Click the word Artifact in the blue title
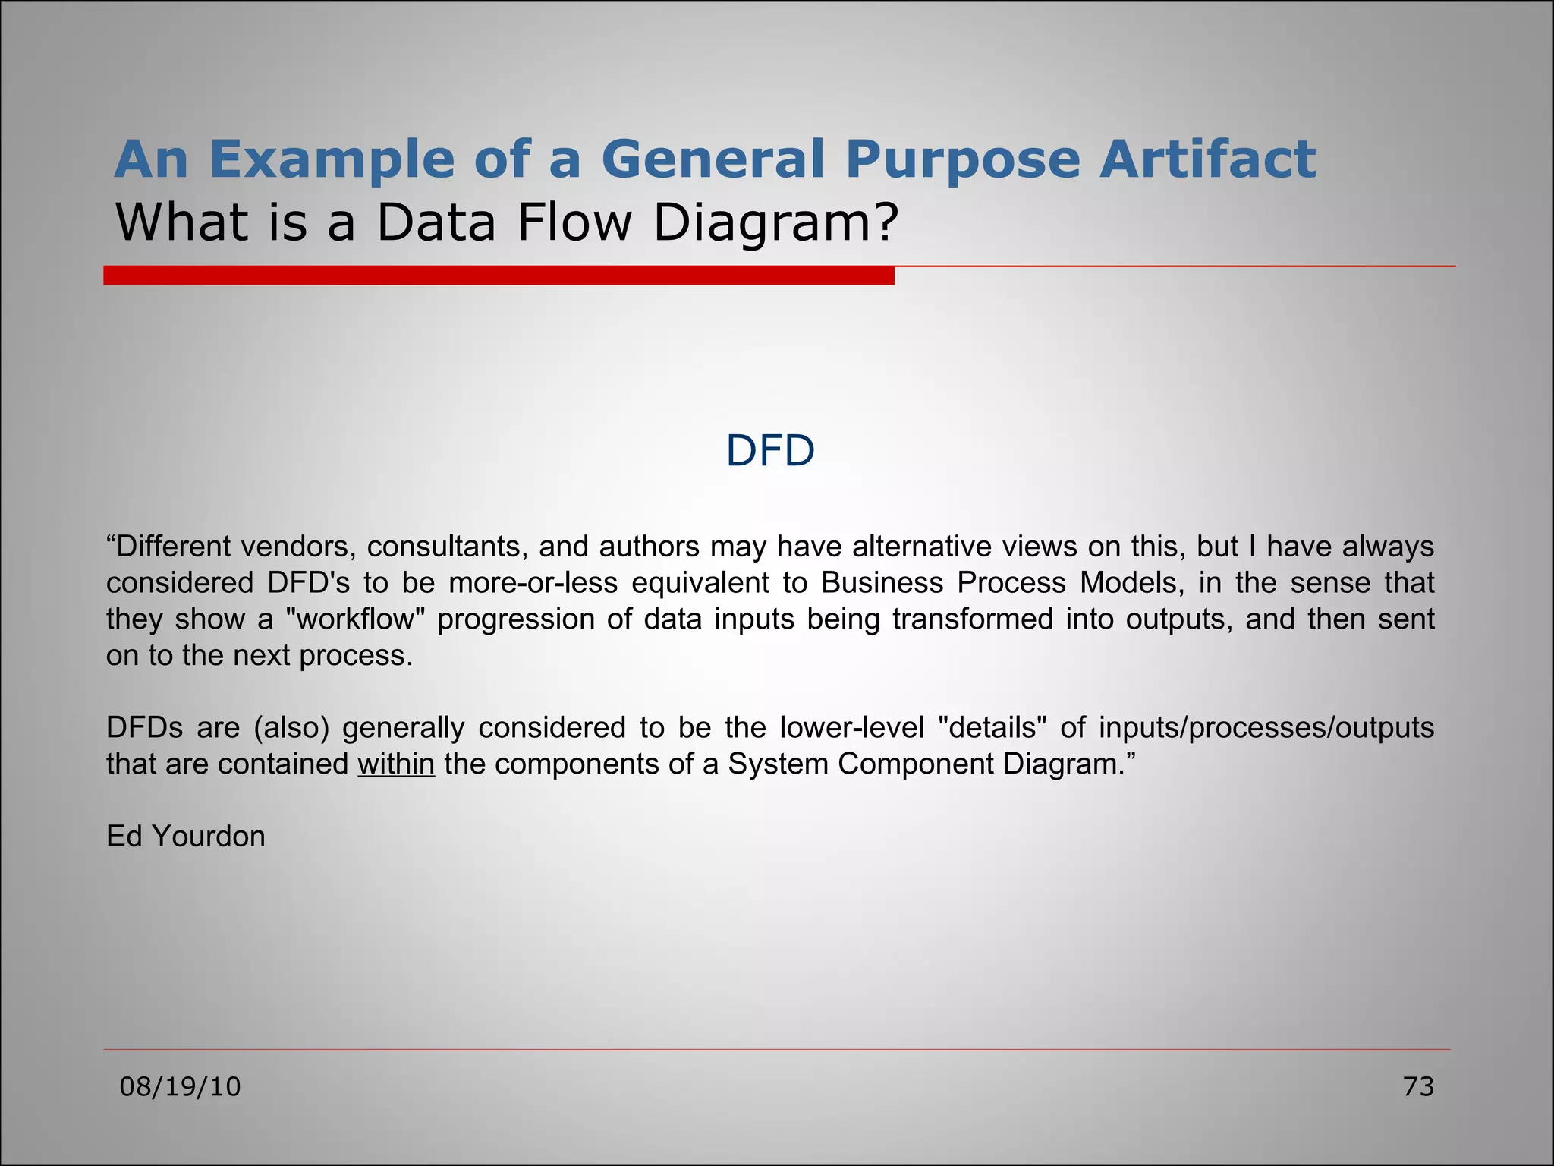click(x=1207, y=159)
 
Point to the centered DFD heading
click(x=770, y=451)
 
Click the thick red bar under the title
click(x=499, y=276)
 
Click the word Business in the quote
click(x=882, y=583)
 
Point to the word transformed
click(x=973, y=619)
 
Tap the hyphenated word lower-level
click(x=851, y=728)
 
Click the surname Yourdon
click(x=209, y=837)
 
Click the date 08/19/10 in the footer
click(x=181, y=1087)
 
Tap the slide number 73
click(x=1418, y=1087)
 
